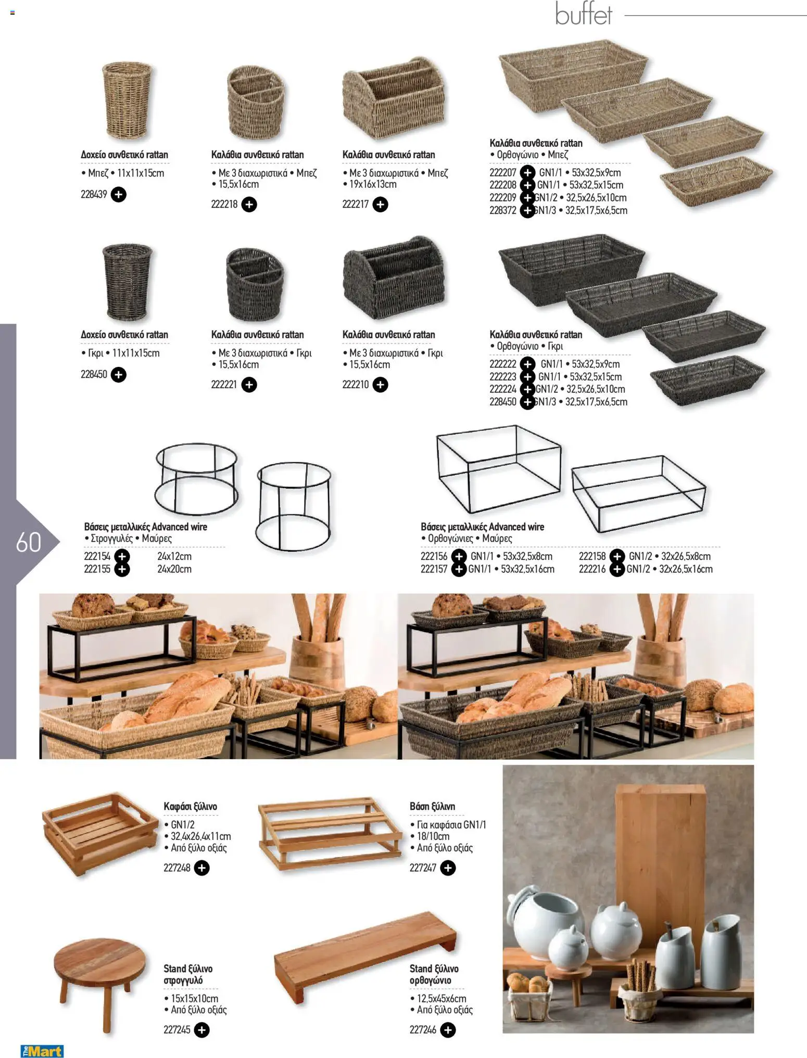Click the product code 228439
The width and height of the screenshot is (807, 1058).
[94, 195]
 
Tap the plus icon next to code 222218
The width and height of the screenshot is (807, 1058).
[249, 205]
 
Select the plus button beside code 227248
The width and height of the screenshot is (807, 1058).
[201, 868]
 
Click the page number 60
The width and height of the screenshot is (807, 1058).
[29, 542]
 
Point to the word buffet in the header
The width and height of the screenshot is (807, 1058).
[583, 14]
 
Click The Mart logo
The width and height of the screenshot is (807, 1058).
[42, 1051]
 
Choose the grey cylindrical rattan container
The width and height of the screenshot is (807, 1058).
[127, 282]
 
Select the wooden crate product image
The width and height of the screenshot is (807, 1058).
[99, 834]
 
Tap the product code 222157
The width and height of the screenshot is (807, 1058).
[434, 569]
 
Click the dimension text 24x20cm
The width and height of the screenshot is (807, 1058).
[174, 569]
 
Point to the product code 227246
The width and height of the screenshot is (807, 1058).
[423, 1029]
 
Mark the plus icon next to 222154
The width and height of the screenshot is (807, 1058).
[122, 556]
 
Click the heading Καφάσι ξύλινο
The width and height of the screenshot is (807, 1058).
[190, 807]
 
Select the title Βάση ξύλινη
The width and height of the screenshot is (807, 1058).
[432, 807]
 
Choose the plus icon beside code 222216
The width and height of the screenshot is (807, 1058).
[617, 569]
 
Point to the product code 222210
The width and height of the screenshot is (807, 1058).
[356, 385]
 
